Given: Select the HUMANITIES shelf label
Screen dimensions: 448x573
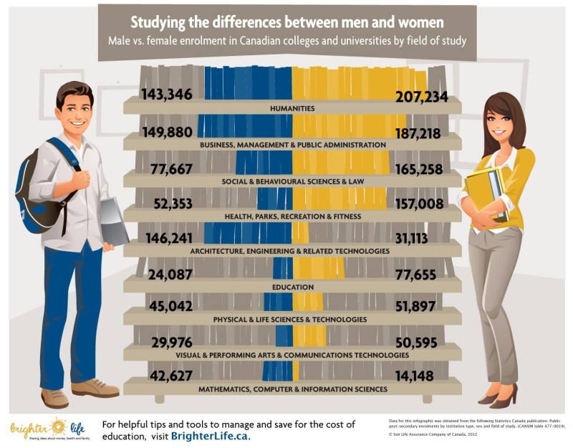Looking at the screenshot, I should [292, 109].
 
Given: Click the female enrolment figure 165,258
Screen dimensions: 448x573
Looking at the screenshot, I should [421, 170].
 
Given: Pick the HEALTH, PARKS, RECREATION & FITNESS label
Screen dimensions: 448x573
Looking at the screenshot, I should [292, 216].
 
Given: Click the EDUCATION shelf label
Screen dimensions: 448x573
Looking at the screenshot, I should [292, 287].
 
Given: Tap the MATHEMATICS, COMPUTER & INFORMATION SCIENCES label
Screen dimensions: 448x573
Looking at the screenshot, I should [292, 389].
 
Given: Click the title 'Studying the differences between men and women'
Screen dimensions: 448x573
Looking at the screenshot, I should [286, 19].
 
